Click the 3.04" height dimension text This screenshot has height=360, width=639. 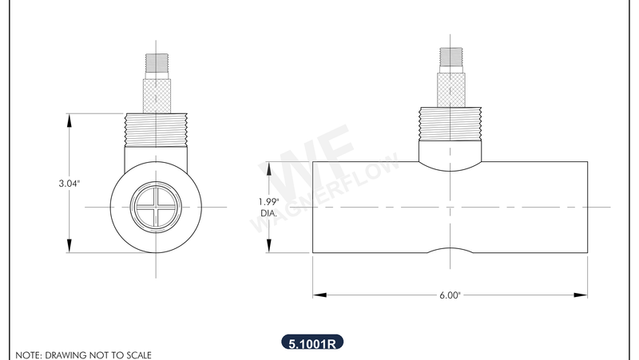pyautogui.click(x=69, y=184)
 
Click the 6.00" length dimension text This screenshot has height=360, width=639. pyautogui.click(x=450, y=295)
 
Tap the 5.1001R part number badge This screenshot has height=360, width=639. pyautogui.click(x=312, y=344)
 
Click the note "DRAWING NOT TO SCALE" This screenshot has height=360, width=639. pyautogui.click(x=83, y=354)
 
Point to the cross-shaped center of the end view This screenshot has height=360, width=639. pyautogui.click(x=155, y=208)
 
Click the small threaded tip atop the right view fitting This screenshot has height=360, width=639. pyautogui.click(x=450, y=57)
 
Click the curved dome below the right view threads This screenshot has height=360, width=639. pyautogui.click(x=450, y=156)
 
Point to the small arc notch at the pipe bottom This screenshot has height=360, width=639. pyautogui.click(x=450, y=250)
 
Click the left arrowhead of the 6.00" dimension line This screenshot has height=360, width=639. pyautogui.click(x=317, y=295)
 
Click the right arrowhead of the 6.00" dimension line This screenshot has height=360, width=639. pyautogui.click(x=583, y=295)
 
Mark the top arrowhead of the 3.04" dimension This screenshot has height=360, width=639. pyautogui.click(x=69, y=119)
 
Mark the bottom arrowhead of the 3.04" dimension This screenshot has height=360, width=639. pyautogui.click(x=69, y=247)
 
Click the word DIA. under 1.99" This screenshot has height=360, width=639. pyautogui.click(x=269, y=213)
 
